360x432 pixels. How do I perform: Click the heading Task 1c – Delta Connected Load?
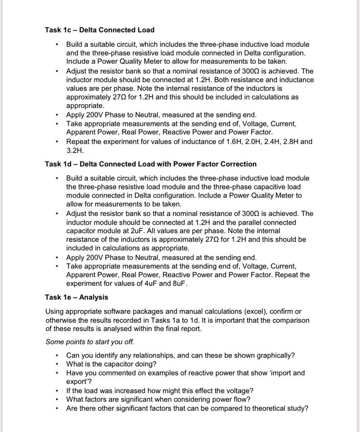pos(100,30)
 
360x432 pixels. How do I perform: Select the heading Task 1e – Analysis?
pos(76,297)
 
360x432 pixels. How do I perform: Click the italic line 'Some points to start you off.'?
pos(89,342)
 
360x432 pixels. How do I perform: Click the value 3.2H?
pos(75,150)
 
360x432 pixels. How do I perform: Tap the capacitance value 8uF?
pos(179,283)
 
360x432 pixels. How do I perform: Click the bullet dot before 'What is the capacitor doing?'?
pos(57,364)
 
